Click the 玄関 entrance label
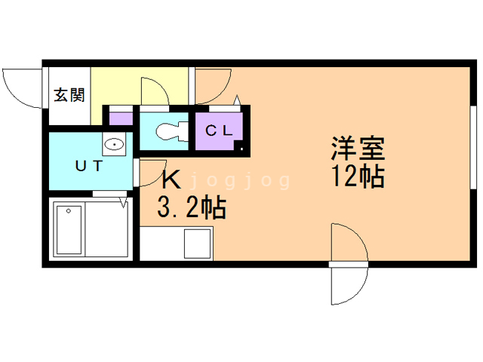click(x=68, y=96)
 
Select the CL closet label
click(x=219, y=129)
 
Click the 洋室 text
click(x=358, y=147)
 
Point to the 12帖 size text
click(x=356, y=176)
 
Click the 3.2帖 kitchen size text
click(x=191, y=207)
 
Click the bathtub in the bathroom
click(x=69, y=230)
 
